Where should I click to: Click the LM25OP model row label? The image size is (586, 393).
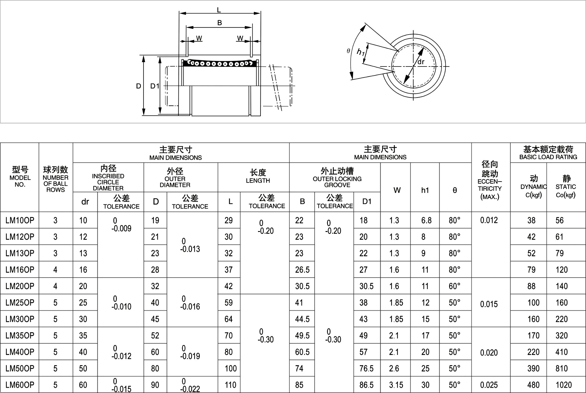point(20,303)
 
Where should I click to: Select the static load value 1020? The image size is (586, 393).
point(563,385)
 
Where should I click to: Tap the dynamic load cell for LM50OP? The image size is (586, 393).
point(533,368)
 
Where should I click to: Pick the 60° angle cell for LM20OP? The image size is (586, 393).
point(454,286)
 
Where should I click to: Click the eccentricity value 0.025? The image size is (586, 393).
point(489,385)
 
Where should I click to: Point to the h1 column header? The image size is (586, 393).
point(425,190)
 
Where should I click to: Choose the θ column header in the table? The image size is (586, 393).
point(455,190)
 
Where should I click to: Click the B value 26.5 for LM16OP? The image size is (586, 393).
point(302,270)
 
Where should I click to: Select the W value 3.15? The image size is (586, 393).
point(396,385)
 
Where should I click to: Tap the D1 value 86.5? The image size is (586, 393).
point(366,385)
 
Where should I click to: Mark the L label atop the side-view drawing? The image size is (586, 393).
point(219,10)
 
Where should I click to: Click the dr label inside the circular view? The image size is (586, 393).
point(421,62)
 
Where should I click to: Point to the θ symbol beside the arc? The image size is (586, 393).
point(348,51)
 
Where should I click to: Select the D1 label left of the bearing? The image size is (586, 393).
point(154,86)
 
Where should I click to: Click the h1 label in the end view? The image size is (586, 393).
point(361,52)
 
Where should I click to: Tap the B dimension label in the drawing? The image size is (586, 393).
point(219,23)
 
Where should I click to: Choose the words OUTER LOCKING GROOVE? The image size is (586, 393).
point(337,182)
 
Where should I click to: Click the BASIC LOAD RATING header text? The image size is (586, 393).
point(548,157)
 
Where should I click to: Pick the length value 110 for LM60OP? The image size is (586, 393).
point(231,385)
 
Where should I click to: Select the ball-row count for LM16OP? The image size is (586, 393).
point(55,270)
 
